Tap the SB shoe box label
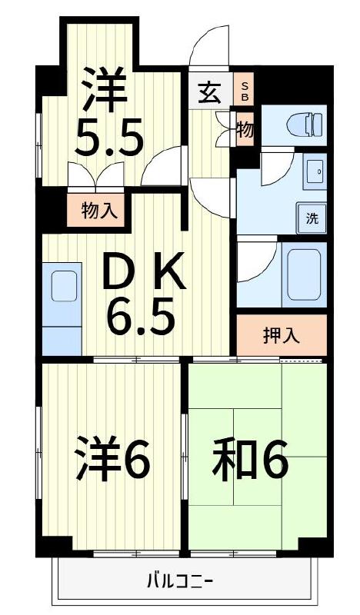coord(245,91)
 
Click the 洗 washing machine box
coord(312,218)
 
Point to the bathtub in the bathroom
coord(302,274)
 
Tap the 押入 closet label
coord(281,335)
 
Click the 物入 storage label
coord(99,210)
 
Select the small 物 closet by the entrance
coord(244,128)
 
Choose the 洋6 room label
coord(112,459)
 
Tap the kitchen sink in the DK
coord(64,286)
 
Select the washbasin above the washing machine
coord(315,172)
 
